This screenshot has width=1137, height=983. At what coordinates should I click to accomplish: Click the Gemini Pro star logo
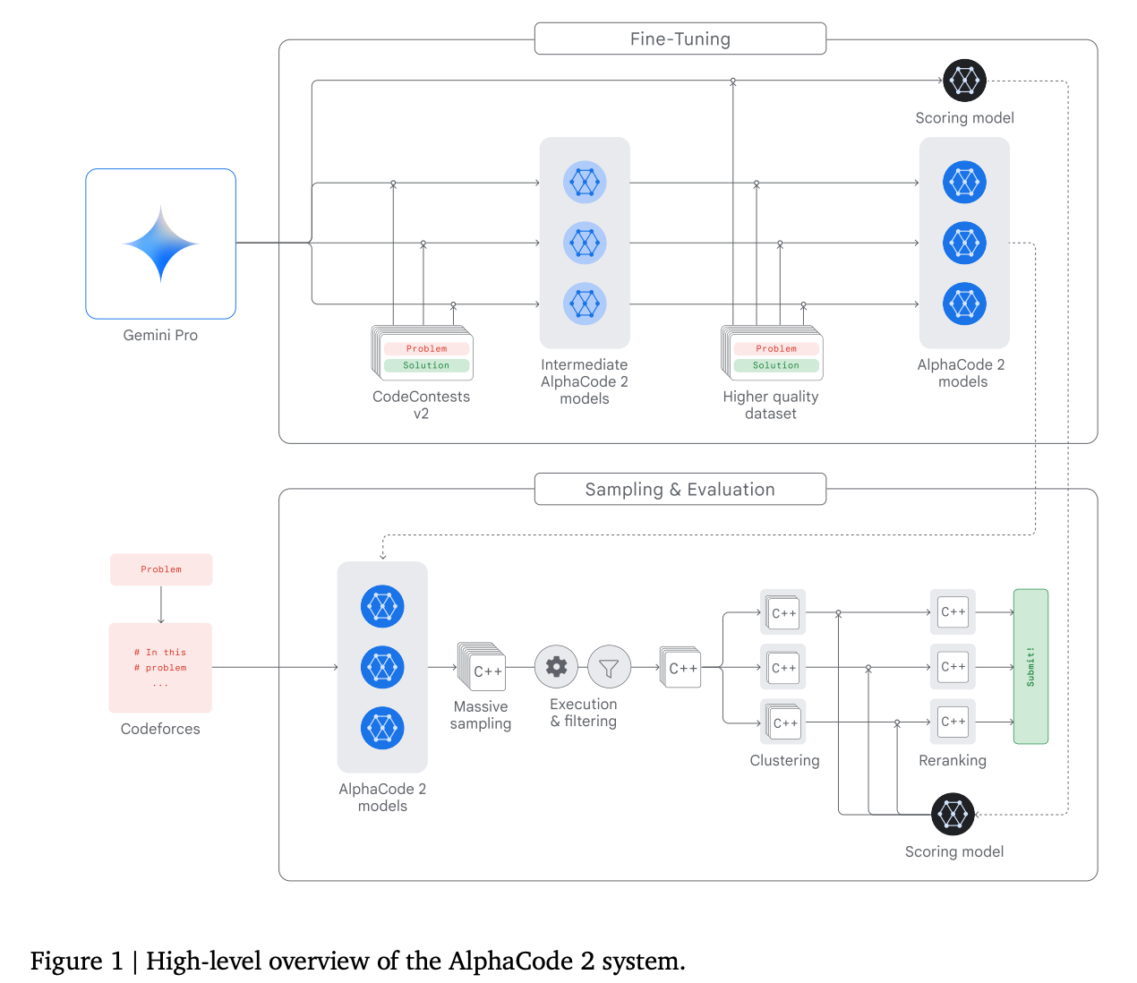click(x=161, y=244)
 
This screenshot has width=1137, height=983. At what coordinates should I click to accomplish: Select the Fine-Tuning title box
click(x=680, y=39)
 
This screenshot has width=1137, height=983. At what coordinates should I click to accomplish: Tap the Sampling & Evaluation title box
click(x=680, y=490)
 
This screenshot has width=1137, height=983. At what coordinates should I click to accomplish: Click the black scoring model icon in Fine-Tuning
click(x=964, y=81)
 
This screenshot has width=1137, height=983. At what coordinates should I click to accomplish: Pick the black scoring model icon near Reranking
click(x=953, y=814)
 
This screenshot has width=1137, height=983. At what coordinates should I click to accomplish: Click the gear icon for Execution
click(x=556, y=667)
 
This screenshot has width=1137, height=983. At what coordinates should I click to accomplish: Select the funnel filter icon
click(x=609, y=668)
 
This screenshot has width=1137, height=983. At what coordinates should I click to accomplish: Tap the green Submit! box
click(x=1030, y=666)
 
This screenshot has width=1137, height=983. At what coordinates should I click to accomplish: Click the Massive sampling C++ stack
click(x=483, y=668)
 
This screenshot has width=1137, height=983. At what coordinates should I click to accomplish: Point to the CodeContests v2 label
click(x=421, y=405)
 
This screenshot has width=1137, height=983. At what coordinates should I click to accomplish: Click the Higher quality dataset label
click(x=771, y=405)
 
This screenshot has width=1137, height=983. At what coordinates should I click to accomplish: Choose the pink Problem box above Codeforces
click(x=161, y=569)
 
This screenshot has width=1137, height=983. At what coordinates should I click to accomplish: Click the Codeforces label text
click(x=160, y=729)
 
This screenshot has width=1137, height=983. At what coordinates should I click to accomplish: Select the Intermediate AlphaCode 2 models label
click(x=585, y=381)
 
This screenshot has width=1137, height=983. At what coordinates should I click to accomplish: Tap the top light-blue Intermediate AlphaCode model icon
click(x=585, y=183)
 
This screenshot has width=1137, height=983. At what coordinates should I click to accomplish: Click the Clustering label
click(x=784, y=760)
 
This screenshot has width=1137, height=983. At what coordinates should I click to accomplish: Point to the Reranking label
click(x=953, y=760)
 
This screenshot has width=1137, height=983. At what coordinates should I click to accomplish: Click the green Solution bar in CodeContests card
click(x=426, y=365)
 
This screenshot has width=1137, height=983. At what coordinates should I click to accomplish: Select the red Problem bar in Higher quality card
click(x=775, y=348)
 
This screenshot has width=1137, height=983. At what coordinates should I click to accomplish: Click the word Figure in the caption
click(x=66, y=961)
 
